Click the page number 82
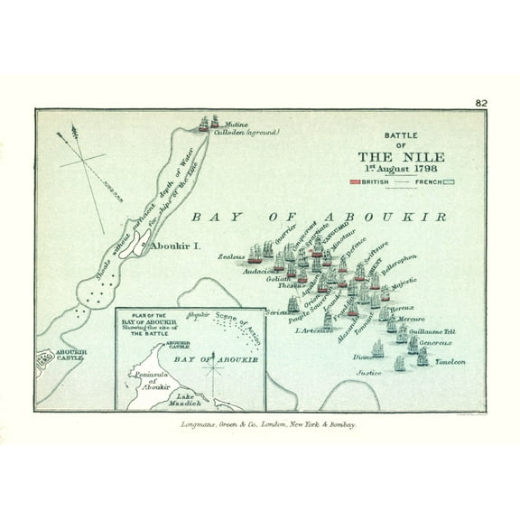(481, 103)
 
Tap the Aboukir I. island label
(176, 245)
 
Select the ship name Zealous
(231, 256)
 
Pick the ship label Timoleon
(450, 361)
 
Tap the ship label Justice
(367, 372)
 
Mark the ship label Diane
(363, 357)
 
